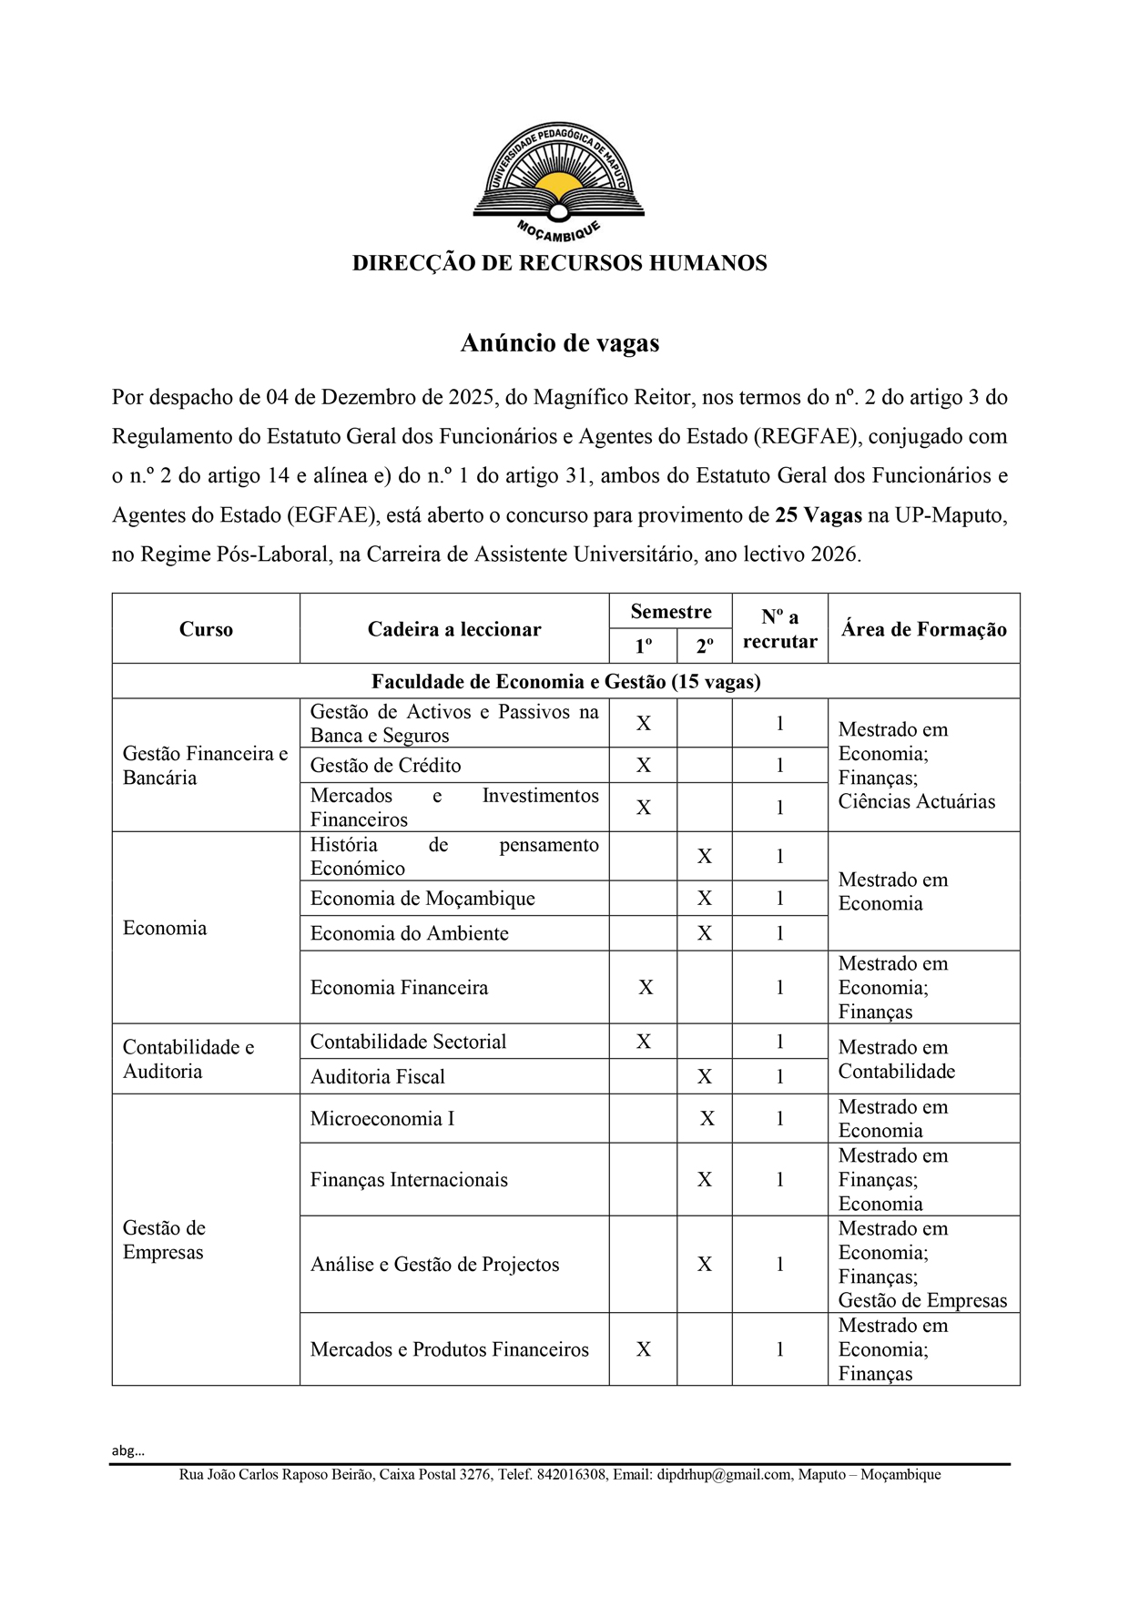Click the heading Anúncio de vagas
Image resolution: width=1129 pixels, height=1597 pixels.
pos(559,343)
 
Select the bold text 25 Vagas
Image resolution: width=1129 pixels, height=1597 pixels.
pos(818,515)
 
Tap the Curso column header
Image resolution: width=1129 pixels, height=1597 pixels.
pos(206,629)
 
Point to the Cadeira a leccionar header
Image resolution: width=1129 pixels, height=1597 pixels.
pos(453,629)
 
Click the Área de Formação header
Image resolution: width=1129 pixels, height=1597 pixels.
pos(923,629)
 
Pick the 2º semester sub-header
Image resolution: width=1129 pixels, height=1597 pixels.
pos(704,646)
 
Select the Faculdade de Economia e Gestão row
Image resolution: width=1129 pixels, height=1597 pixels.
pos(565,682)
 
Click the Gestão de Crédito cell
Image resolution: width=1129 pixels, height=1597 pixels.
pos(385,766)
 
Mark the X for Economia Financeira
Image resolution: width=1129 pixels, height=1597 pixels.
pos(646,988)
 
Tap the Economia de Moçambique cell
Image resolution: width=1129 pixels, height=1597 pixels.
pos(422,899)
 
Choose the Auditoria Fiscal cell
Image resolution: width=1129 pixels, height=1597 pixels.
pos(378,1077)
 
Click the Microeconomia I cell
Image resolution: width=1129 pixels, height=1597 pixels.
pos(382,1119)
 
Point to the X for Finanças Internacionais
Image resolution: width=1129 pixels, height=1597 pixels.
pos(704,1180)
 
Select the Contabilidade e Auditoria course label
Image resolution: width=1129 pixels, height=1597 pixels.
pos(188,1059)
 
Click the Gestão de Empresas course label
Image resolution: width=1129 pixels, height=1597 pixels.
pos(165,1240)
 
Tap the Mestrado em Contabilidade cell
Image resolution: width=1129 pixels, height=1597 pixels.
pos(897,1059)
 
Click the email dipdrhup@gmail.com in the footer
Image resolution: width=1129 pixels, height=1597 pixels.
pos(724,1475)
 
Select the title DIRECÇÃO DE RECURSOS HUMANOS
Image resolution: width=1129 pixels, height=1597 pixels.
pos(559,264)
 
